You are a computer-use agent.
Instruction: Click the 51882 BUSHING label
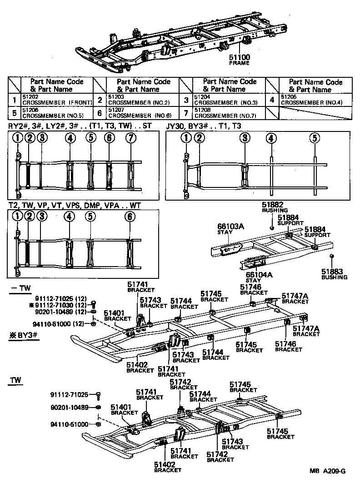(275, 207)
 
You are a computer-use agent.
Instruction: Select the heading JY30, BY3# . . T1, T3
(204, 126)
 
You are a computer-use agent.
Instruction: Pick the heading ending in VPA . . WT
(75, 206)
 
